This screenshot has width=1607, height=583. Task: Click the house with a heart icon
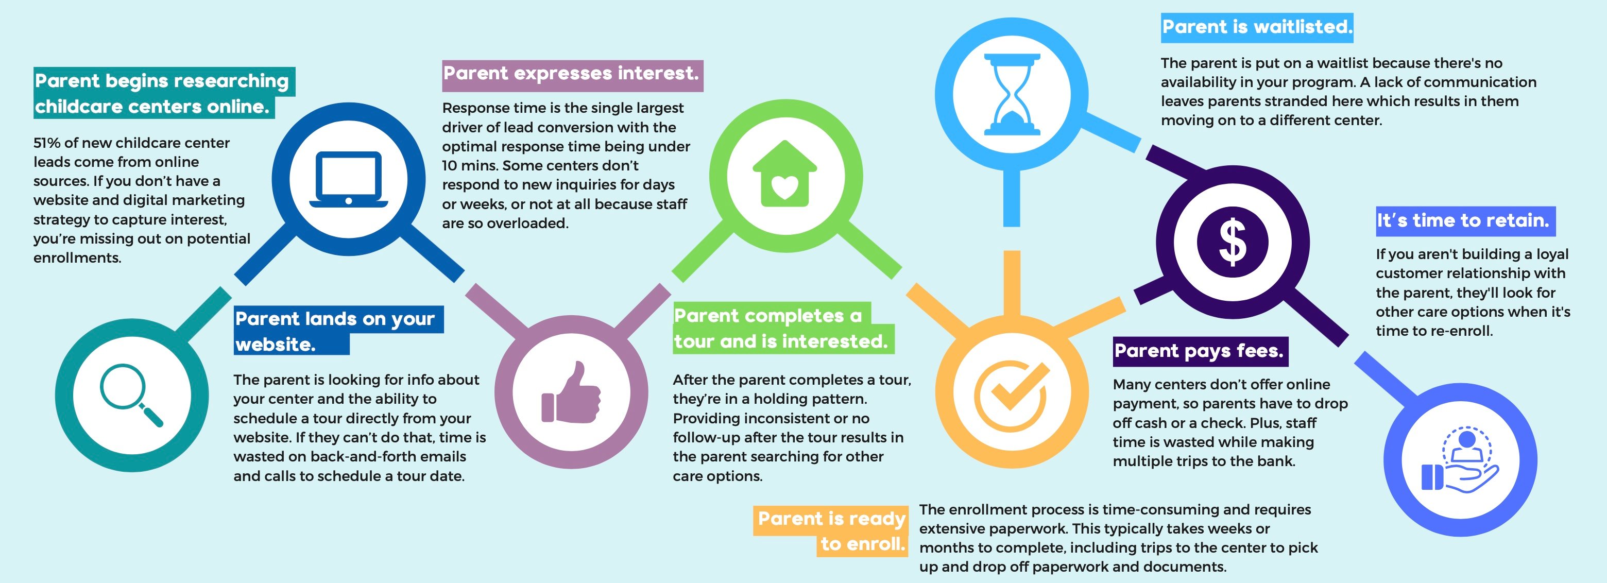coord(785,174)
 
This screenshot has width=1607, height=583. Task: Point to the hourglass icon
coord(1012,94)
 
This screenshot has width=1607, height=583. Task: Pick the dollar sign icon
coord(1233,242)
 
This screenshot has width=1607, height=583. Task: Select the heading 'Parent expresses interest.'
coord(571,74)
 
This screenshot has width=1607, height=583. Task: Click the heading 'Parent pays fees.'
coord(1199,351)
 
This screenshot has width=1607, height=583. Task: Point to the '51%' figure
coord(47,143)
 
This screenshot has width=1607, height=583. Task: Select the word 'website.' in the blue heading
coord(275,344)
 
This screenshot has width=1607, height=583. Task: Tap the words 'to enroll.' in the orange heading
coord(863,544)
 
